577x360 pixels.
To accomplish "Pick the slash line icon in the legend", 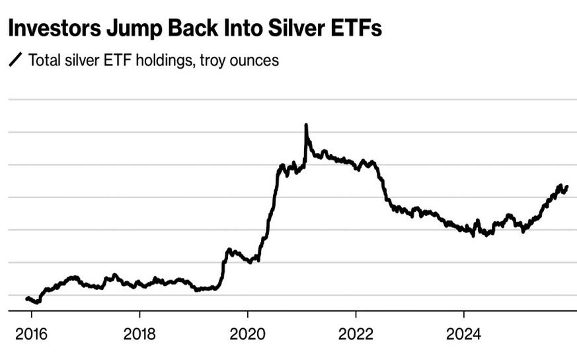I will tap(15, 61).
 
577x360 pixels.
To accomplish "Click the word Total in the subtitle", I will tap(44, 60).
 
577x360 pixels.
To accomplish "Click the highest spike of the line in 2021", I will tap(306, 125).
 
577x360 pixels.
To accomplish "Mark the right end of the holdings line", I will tap(567, 187).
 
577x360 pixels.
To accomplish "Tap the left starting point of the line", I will tap(26, 299).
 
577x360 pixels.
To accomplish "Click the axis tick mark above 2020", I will tap(248, 315).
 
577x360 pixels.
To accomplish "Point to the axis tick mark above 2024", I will tap(463, 315).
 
